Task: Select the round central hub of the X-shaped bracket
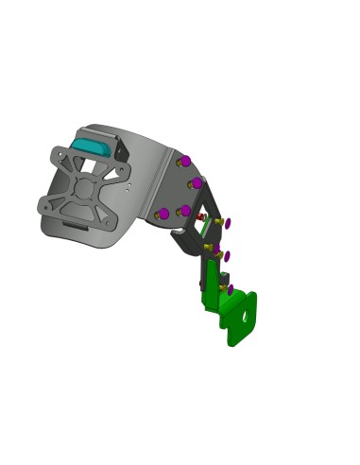coord(84,187)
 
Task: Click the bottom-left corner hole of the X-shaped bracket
coord(44,204)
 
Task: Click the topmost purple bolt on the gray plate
coord(186,161)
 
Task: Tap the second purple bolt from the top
coord(196,182)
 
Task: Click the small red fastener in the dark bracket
coord(200,216)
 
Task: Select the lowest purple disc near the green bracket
coord(230,288)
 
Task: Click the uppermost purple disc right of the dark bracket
coord(228,223)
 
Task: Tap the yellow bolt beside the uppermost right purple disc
coord(219,222)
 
